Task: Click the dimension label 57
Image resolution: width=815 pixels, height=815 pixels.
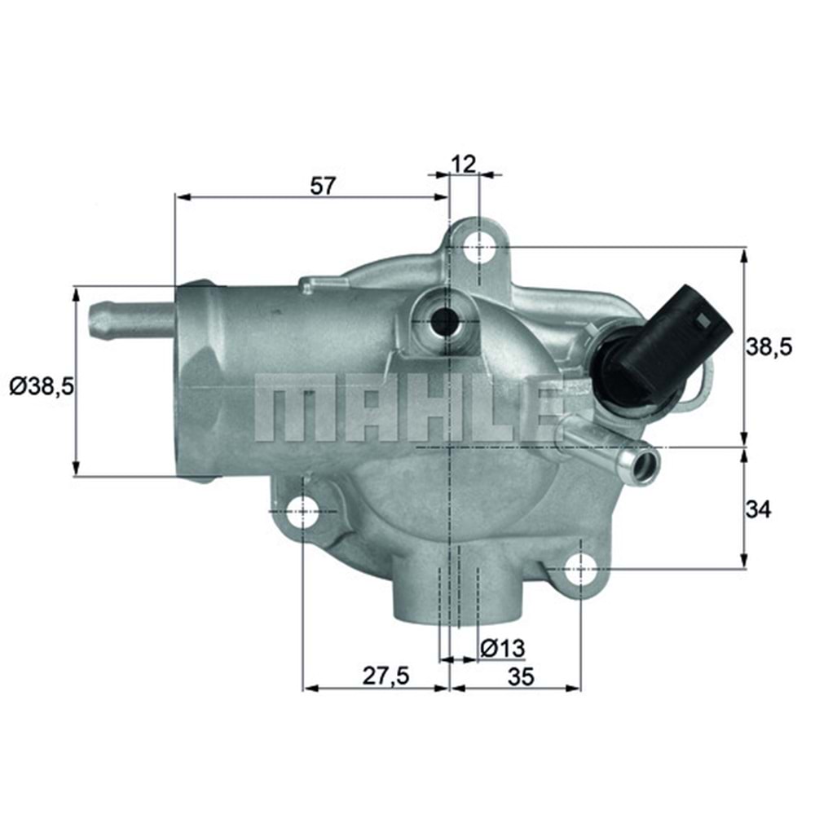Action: point(324,185)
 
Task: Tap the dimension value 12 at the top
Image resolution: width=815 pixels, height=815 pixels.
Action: point(463,164)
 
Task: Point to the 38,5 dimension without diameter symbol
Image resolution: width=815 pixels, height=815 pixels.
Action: point(769,348)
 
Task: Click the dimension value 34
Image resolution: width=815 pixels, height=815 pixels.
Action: point(758,509)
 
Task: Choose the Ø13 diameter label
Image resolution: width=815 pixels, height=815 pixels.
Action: point(501,648)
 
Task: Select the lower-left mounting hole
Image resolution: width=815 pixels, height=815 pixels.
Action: point(302,512)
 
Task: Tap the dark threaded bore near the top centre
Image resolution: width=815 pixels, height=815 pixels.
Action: point(445,321)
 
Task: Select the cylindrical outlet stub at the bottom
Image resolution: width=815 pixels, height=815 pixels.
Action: point(455,591)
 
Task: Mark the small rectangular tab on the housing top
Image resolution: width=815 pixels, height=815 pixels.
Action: point(319,283)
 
